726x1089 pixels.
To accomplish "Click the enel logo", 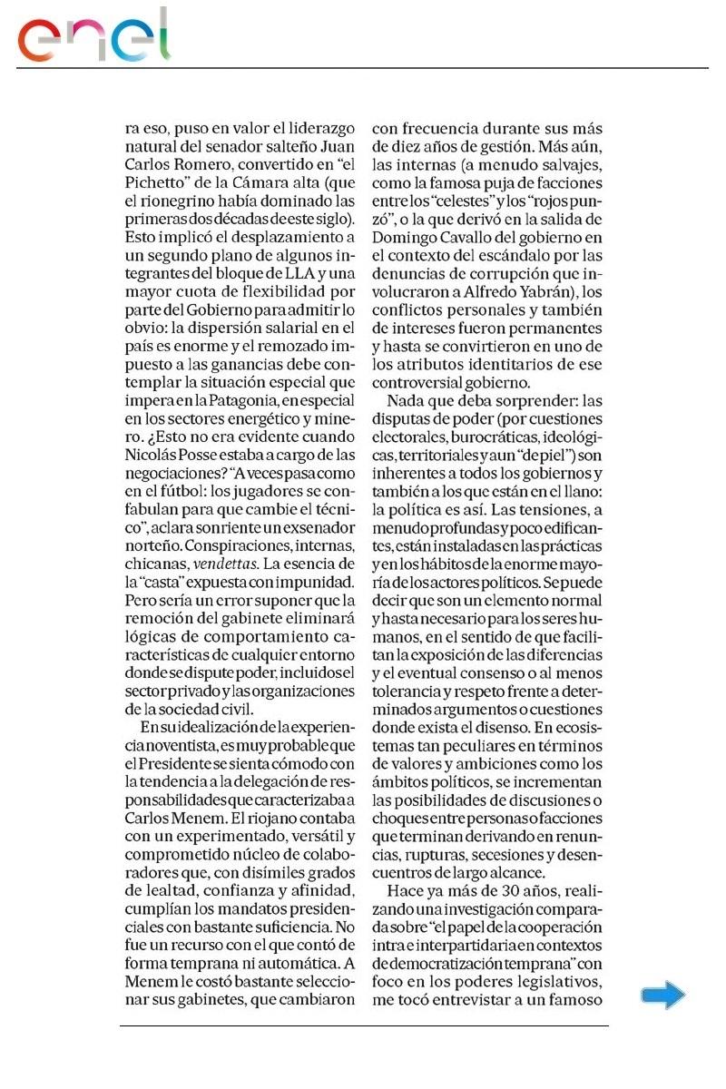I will coord(94,37).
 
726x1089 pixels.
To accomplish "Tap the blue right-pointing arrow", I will coord(662,996).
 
